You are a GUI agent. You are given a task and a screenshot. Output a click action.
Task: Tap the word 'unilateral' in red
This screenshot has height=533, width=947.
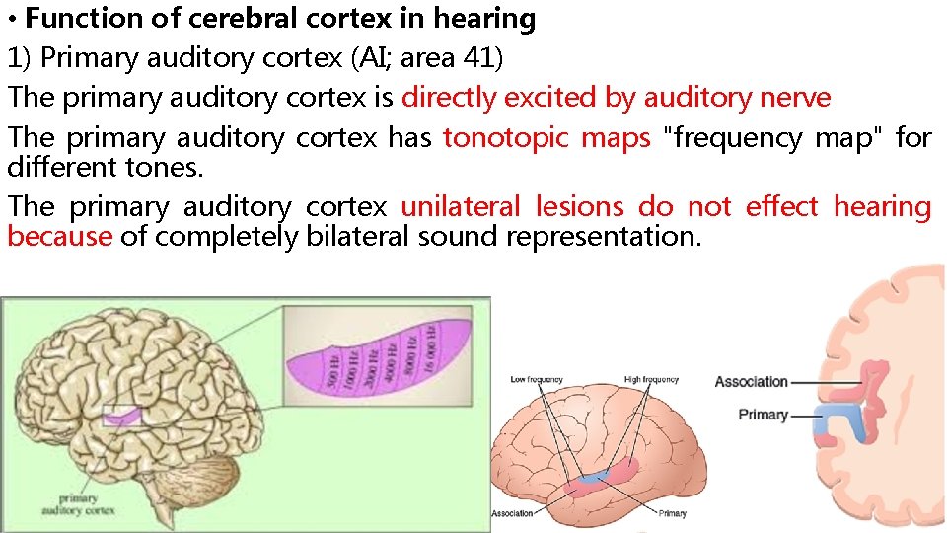[460, 207]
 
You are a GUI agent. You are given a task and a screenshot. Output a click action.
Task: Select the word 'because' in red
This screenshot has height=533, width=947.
[59, 237]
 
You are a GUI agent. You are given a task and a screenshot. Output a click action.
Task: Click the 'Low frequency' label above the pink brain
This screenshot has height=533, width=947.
[537, 379]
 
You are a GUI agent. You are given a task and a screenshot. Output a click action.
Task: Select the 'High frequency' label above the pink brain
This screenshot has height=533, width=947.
[651, 379]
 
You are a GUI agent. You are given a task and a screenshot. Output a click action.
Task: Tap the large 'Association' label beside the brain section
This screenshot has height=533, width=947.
[751, 382]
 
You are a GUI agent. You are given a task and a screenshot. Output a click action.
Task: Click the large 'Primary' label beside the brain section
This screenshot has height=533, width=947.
[763, 415]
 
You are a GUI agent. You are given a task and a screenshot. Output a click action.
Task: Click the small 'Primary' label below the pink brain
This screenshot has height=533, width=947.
[672, 513]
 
